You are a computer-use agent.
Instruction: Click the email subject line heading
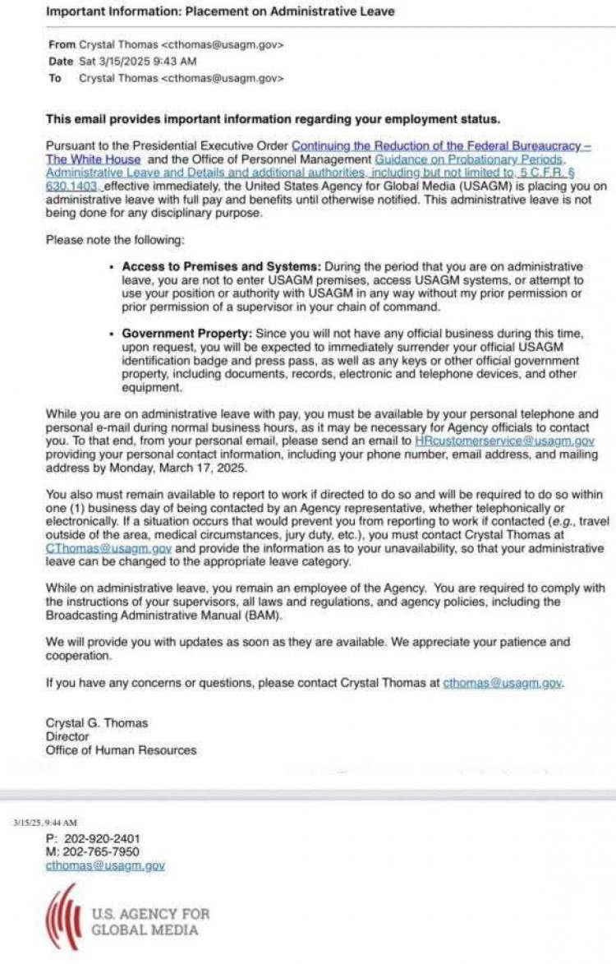click(220, 12)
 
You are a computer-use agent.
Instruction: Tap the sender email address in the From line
click(221, 44)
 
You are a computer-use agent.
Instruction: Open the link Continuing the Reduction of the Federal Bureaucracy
click(441, 145)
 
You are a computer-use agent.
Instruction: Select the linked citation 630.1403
click(74, 187)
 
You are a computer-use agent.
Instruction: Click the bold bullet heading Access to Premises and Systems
click(222, 267)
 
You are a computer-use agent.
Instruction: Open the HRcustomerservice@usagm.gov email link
click(504, 441)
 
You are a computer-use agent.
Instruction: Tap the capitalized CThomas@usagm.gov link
click(108, 548)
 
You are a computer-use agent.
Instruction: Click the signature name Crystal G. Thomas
click(97, 723)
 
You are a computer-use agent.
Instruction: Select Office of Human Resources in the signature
click(121, 750)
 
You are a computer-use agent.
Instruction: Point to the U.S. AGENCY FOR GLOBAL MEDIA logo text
click(150, 921)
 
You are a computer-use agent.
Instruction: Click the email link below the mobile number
click(105, 865)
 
